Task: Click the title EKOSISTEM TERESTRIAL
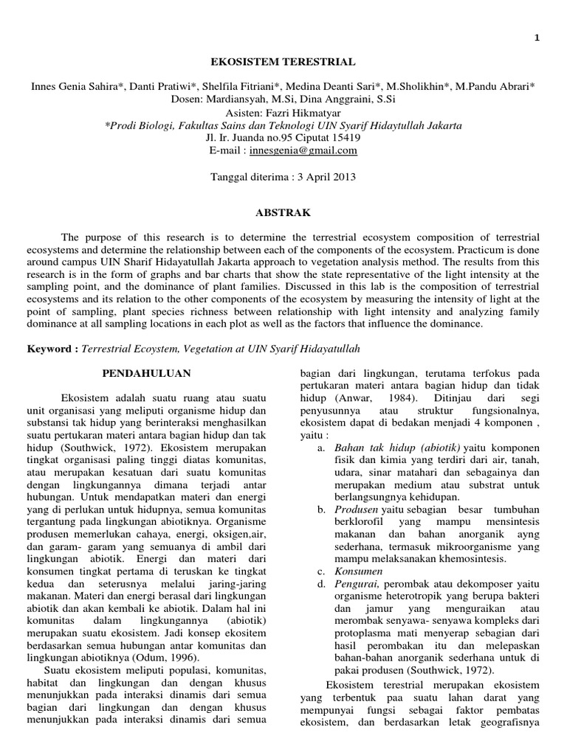283,63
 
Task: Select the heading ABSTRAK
283,212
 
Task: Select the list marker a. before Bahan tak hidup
320,448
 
